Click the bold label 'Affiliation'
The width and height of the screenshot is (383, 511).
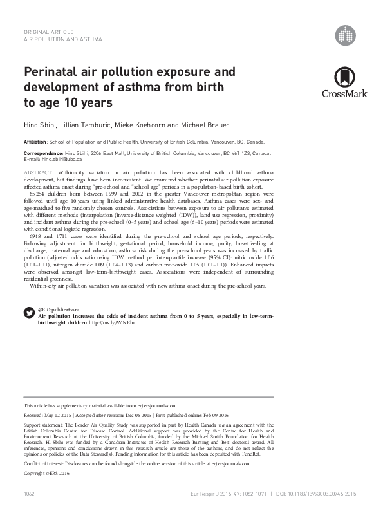35,140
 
